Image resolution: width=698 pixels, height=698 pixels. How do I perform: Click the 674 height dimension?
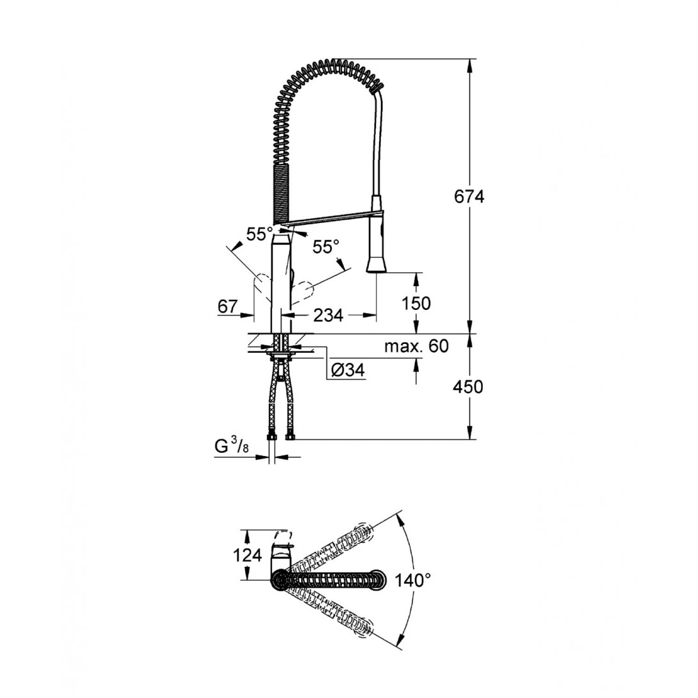pyautogui.click(x=469, y=197)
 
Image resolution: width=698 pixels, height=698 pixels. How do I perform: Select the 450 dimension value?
pyautogui.click(x=468, y=387)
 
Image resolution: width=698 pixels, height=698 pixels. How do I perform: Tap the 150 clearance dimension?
pyautogui.click(x=416, y=303)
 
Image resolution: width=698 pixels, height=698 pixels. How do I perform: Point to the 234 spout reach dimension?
pyautogui.click(x=329, y=316)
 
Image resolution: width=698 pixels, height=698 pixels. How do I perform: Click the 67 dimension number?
pyautogui.click(x=228, y=306)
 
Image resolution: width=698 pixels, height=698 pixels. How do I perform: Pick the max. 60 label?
pyautogui.click(x=417, y=346)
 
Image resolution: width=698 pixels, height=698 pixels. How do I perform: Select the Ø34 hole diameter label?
pyautogui.click(x=348, y=369)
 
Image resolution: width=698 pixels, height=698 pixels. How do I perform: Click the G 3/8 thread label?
pyautogui.click(x=231, y=446)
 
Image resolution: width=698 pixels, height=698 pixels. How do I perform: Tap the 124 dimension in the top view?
pyautogui.click(x=248, y=555)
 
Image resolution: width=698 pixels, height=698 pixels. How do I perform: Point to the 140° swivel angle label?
pyautogui.click(x=412, y=580)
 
